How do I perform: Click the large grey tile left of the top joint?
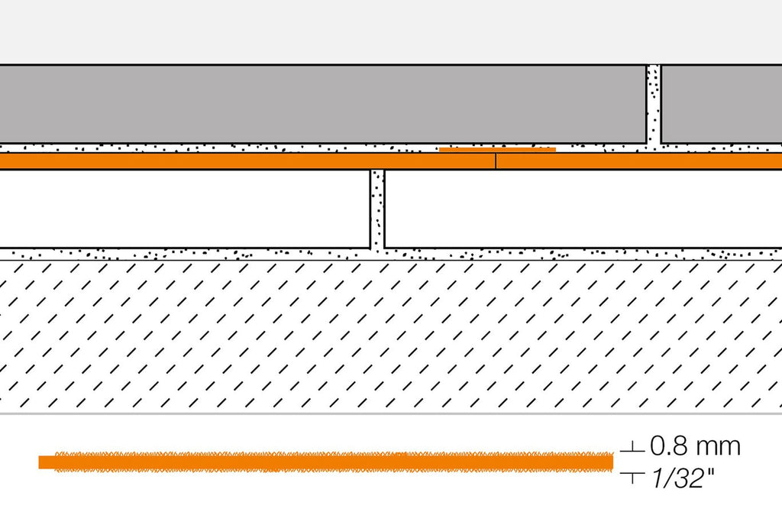[x=323, y=104]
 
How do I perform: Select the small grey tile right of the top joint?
[x=722, y=104]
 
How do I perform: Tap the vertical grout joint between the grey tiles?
[x=654, y=105]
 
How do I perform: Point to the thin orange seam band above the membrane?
[x=497, y=149]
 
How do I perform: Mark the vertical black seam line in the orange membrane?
[x=495, y=161]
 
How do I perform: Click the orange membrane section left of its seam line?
[x=247, y=161]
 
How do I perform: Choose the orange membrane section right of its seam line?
[x=639, y=161]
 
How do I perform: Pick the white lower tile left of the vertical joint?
[x=185, y=209]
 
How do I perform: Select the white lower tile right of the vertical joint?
[x=583, y=209]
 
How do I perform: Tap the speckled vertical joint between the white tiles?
[x=377, y=209]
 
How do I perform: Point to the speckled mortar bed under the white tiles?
[x=391, y=254]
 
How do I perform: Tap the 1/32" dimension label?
[x=682, y=479]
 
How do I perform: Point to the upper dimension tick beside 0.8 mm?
[x=632, y=448]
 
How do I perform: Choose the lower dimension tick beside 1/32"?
[x=632, y=478]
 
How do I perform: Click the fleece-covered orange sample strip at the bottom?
[x=333, y=462]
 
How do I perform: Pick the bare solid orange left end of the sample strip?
[x=47, y=462]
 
